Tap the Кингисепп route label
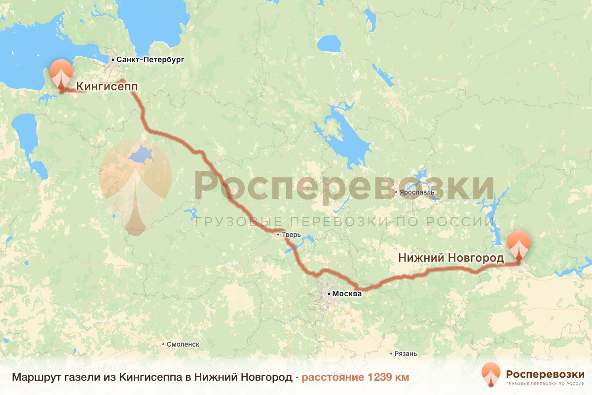point(107,87)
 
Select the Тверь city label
point(291,235)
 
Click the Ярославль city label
point(418,192)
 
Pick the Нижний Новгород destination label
point(451,258)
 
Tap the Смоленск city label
point(183,344)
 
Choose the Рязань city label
point(406,354)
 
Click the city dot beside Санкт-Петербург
point(113,60)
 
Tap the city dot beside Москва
point(329,294)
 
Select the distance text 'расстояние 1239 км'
point(355,378)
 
